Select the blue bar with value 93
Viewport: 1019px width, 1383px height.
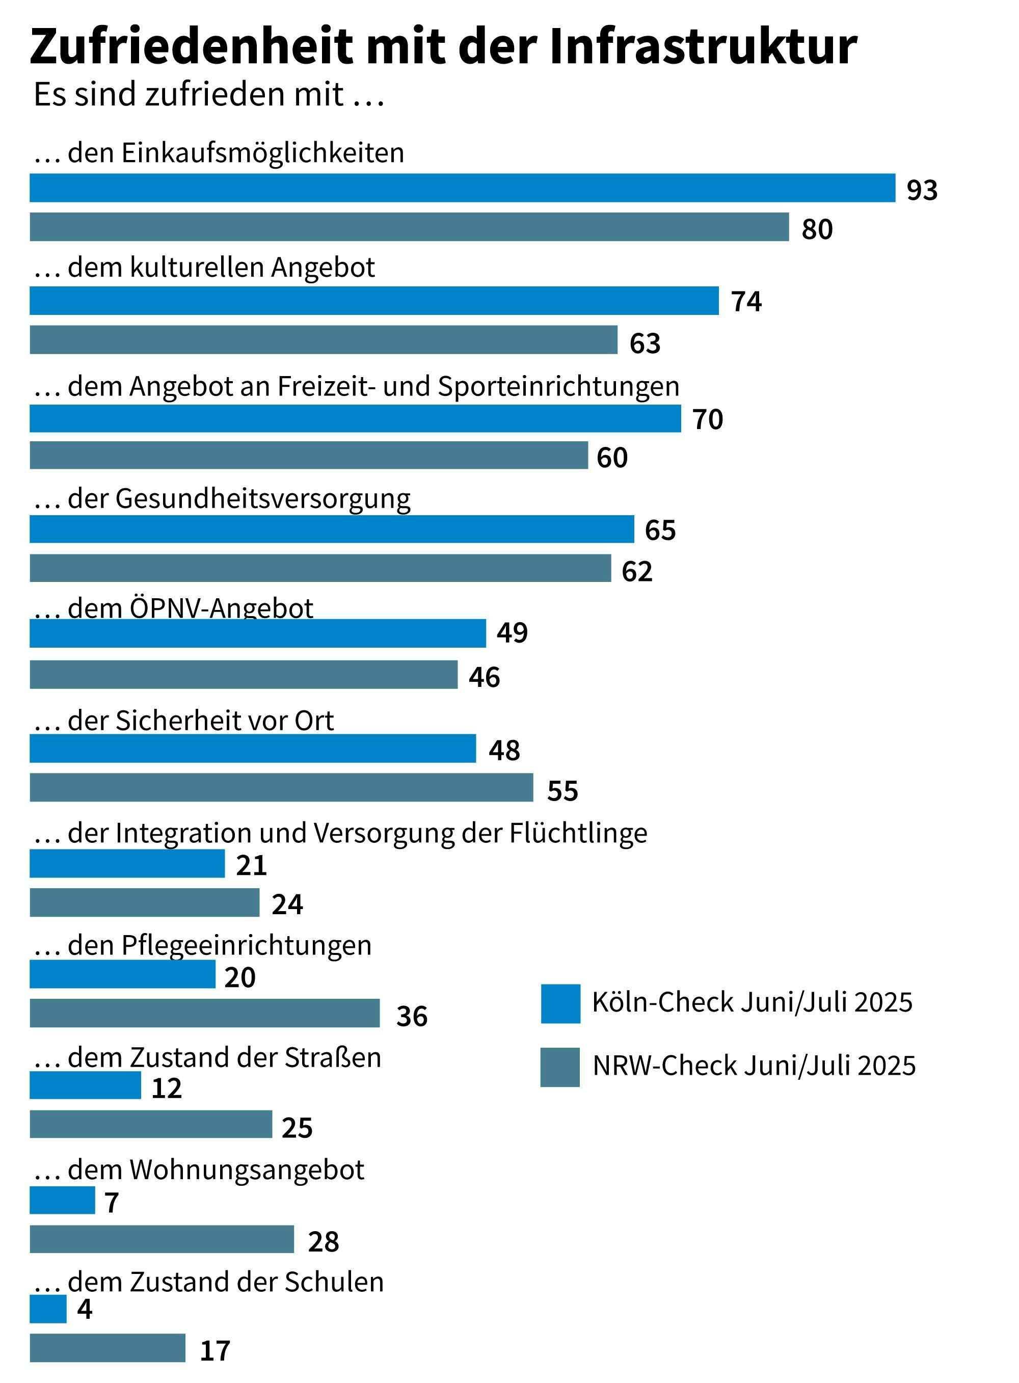[462, 188]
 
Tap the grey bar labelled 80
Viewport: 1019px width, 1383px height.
[409, 227]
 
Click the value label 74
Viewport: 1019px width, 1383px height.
[746, 302]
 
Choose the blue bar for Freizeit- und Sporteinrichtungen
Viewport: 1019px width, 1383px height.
[355, 419]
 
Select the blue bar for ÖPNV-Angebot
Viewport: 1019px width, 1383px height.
[257, 633]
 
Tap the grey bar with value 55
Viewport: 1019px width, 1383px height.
[281, 788]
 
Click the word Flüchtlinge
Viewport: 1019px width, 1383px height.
[578, 833]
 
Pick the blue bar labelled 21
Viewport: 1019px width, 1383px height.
[127, 864]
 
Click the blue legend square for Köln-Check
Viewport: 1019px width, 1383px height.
[560, 1004]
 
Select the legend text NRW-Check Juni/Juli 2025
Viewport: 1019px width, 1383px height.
[754, 1066]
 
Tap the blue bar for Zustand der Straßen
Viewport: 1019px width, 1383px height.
[85, 1085]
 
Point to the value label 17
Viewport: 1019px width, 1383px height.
[214, 1350]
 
